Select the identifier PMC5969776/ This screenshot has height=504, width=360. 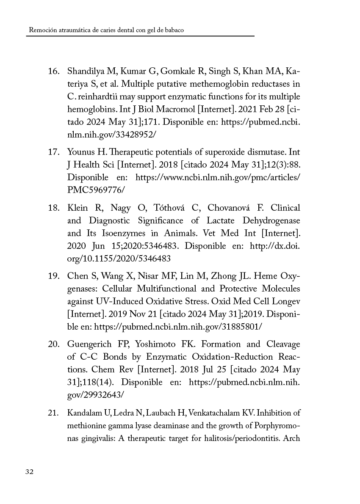pyautogui.click(x=96, y=190)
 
